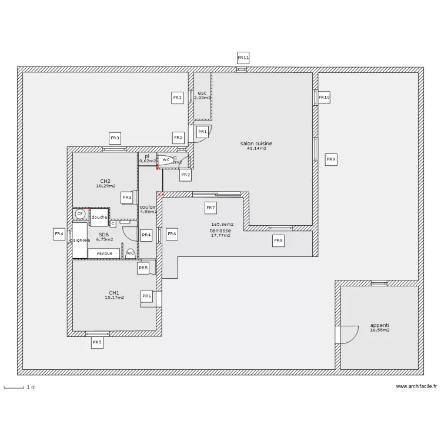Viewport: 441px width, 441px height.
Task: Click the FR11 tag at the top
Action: [243, 58]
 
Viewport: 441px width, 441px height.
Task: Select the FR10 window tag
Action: [324, 97]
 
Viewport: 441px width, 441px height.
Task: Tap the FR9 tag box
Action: [331, 159]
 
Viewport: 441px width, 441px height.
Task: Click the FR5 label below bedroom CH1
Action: [97, 342]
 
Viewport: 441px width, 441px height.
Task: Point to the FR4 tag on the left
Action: [59, 235]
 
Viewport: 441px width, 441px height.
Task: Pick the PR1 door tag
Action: [202, 132]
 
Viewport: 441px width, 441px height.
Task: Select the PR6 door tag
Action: [147, 296]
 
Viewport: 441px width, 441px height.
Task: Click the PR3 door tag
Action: [126, 198]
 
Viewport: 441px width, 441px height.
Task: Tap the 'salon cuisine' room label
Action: [256, 143]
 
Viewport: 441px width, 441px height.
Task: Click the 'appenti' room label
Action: [379, 325]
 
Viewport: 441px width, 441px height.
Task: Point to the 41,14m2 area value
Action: [256, 149]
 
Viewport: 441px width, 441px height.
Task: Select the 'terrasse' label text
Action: [220, 231]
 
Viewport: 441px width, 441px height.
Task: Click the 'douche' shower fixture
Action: [99, 217]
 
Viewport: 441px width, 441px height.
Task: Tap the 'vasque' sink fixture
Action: [104, 253]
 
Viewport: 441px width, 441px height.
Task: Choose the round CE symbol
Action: [79, 214]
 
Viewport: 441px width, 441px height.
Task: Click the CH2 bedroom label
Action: [105, 181]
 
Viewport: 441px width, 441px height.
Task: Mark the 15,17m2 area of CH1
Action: [114, 298]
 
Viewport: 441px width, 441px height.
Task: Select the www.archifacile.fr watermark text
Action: [416, 386]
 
